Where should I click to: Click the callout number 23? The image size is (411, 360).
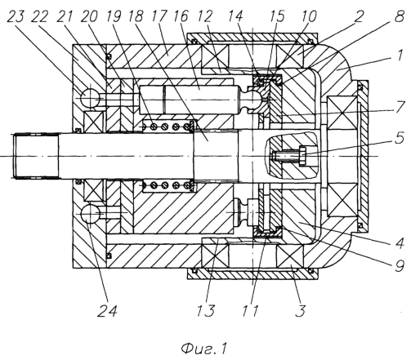tap(16, 17)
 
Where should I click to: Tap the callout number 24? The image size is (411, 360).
tap(107, 310)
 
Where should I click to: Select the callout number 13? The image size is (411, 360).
tap(206, 310)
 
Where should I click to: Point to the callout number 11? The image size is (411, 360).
tap(250, 310)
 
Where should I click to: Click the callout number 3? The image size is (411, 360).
tap(301, 310)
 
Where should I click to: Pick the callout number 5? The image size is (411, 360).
tap(400, 138)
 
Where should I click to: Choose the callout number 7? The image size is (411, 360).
tap(400, 107)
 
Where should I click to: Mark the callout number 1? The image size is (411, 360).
tap(400, 56)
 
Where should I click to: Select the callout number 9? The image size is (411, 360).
tap(400, 266)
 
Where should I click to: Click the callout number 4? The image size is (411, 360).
tap(400, 243)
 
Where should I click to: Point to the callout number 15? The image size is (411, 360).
tap(277, 17)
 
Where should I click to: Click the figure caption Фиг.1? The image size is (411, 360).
tap(203, 349)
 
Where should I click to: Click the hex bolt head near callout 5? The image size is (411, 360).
tap(303, 156)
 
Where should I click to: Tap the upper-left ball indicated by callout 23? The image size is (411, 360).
tap(91, 98)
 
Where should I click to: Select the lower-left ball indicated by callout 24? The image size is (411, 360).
tap(91, 214)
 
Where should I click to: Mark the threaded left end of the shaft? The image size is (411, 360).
tap(37, 156)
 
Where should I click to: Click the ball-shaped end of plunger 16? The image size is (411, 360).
tap(257, 99)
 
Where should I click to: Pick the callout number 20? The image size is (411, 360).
tap(89, 17)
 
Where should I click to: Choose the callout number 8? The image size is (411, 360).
tap(400, 17)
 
